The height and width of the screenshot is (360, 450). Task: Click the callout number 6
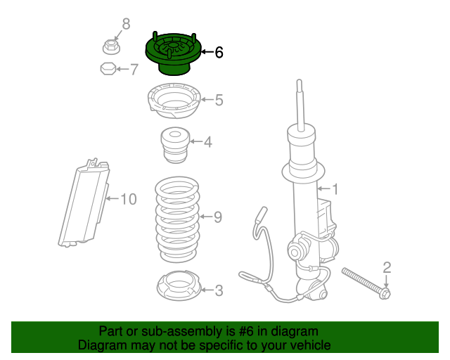point(219,52)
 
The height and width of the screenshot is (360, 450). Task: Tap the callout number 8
point(127,25)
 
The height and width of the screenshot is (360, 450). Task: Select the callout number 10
point(127,199)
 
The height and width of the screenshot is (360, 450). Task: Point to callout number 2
point(387,266)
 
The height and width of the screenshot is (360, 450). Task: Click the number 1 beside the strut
point(335,188)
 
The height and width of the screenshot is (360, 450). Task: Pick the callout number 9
point(217,217)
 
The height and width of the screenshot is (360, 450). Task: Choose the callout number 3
point(219,290)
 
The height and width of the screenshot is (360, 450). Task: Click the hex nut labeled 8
point(111,47)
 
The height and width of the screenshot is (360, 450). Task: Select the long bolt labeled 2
point(366,282)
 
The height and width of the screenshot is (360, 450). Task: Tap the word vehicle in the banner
point(307,345)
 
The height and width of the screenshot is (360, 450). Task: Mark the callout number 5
point(219,101)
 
